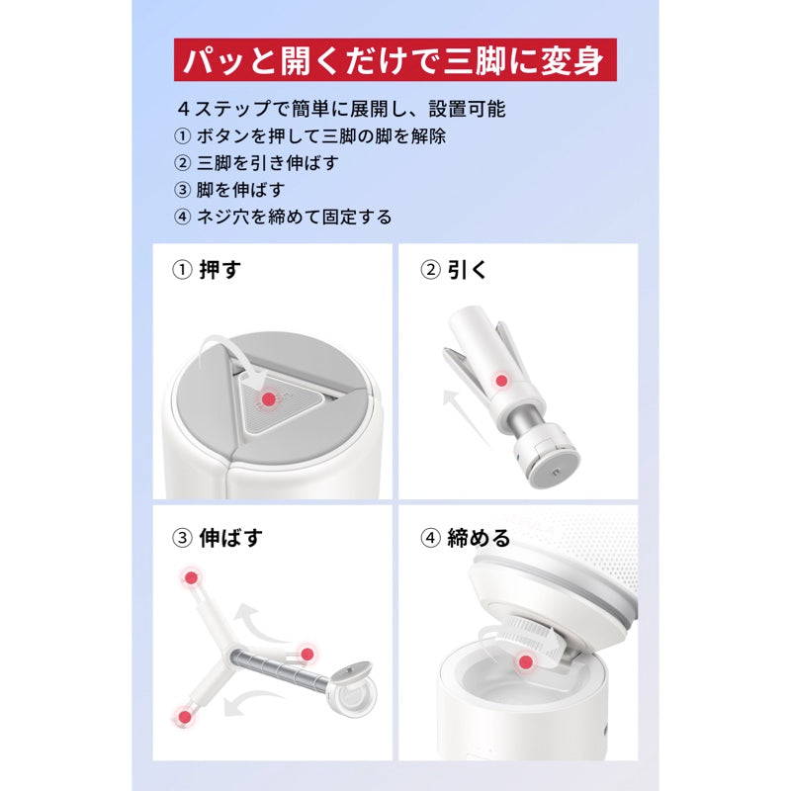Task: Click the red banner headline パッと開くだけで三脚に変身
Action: click(395, 60)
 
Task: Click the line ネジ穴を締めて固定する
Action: click(294, 216)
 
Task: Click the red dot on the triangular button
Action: click(267, 399)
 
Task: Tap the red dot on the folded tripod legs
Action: click(502, 380)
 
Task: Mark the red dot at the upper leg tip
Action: click(189, 576)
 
